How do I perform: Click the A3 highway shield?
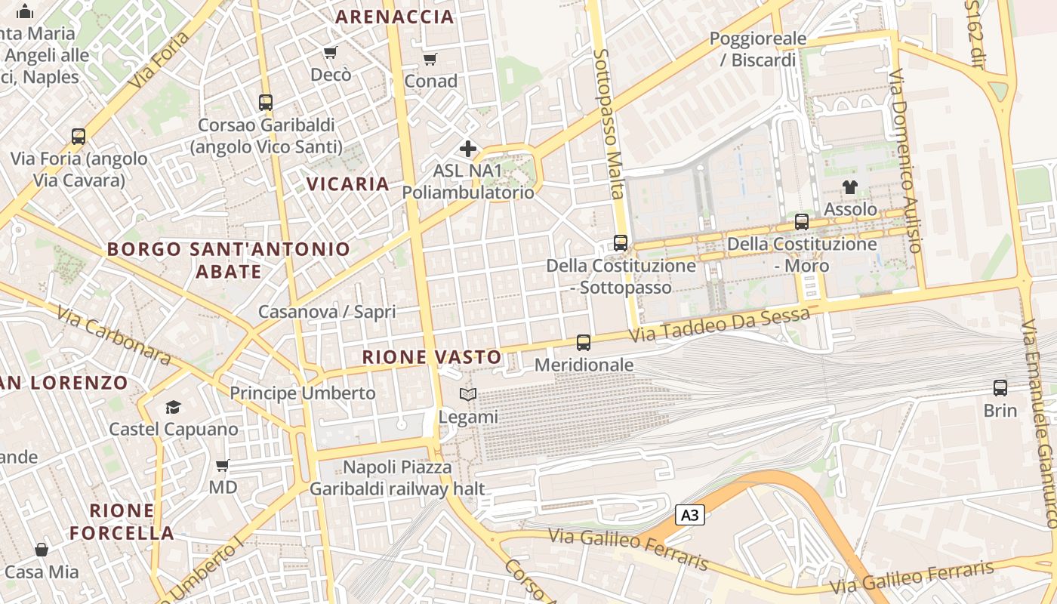click(689, 515)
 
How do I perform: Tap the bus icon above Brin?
click(1000, 388)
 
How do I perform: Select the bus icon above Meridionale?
click(584, 343)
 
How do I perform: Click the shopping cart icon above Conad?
click(430, 59)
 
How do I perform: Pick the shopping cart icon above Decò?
click(330, 52)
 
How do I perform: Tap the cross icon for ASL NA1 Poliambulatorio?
click(468, 149)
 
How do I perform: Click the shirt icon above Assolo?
click(850, 186)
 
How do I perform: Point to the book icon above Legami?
click(468, 394)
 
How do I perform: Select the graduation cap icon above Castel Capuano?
click(174, 407)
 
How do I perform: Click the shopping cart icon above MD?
click(223, 465)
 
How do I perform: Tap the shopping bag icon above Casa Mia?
click(42, 550)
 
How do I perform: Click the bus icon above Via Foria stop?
click(79, 137)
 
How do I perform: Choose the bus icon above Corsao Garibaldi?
click(266, 102)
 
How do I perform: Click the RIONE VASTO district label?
click(432, 357)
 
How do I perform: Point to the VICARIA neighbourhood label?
click(348, 183)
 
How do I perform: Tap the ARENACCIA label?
click(394, 17)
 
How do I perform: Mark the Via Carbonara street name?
click(114, 334)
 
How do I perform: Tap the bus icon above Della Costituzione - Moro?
click(802, 222)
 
